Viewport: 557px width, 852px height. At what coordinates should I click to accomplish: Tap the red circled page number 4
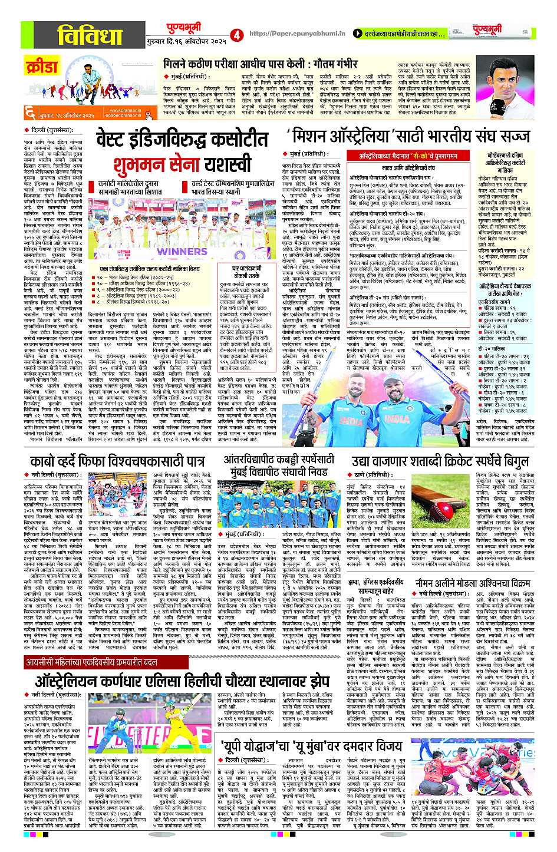coord(237,35)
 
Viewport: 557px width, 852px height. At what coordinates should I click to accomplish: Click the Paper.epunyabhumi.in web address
coord(296,35)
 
